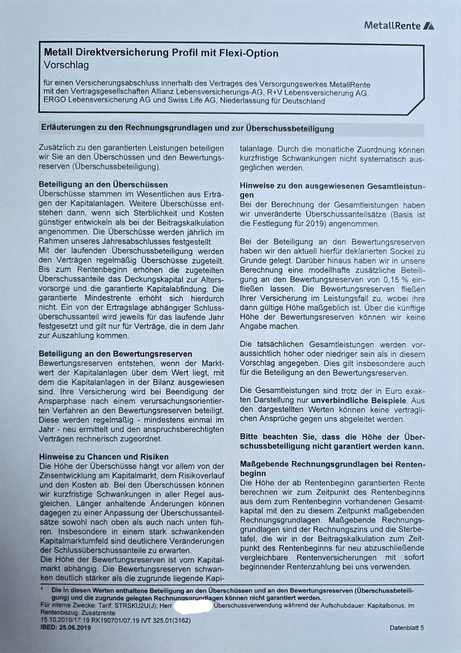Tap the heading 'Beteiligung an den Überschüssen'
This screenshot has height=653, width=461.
point(103,184)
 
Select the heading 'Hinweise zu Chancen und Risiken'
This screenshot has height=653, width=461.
point(103,456)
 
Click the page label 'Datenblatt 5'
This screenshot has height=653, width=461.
point(407,628)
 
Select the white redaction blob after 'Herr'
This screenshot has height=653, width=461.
point(194,605)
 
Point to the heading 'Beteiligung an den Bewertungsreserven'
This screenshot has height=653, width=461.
point(115,353)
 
